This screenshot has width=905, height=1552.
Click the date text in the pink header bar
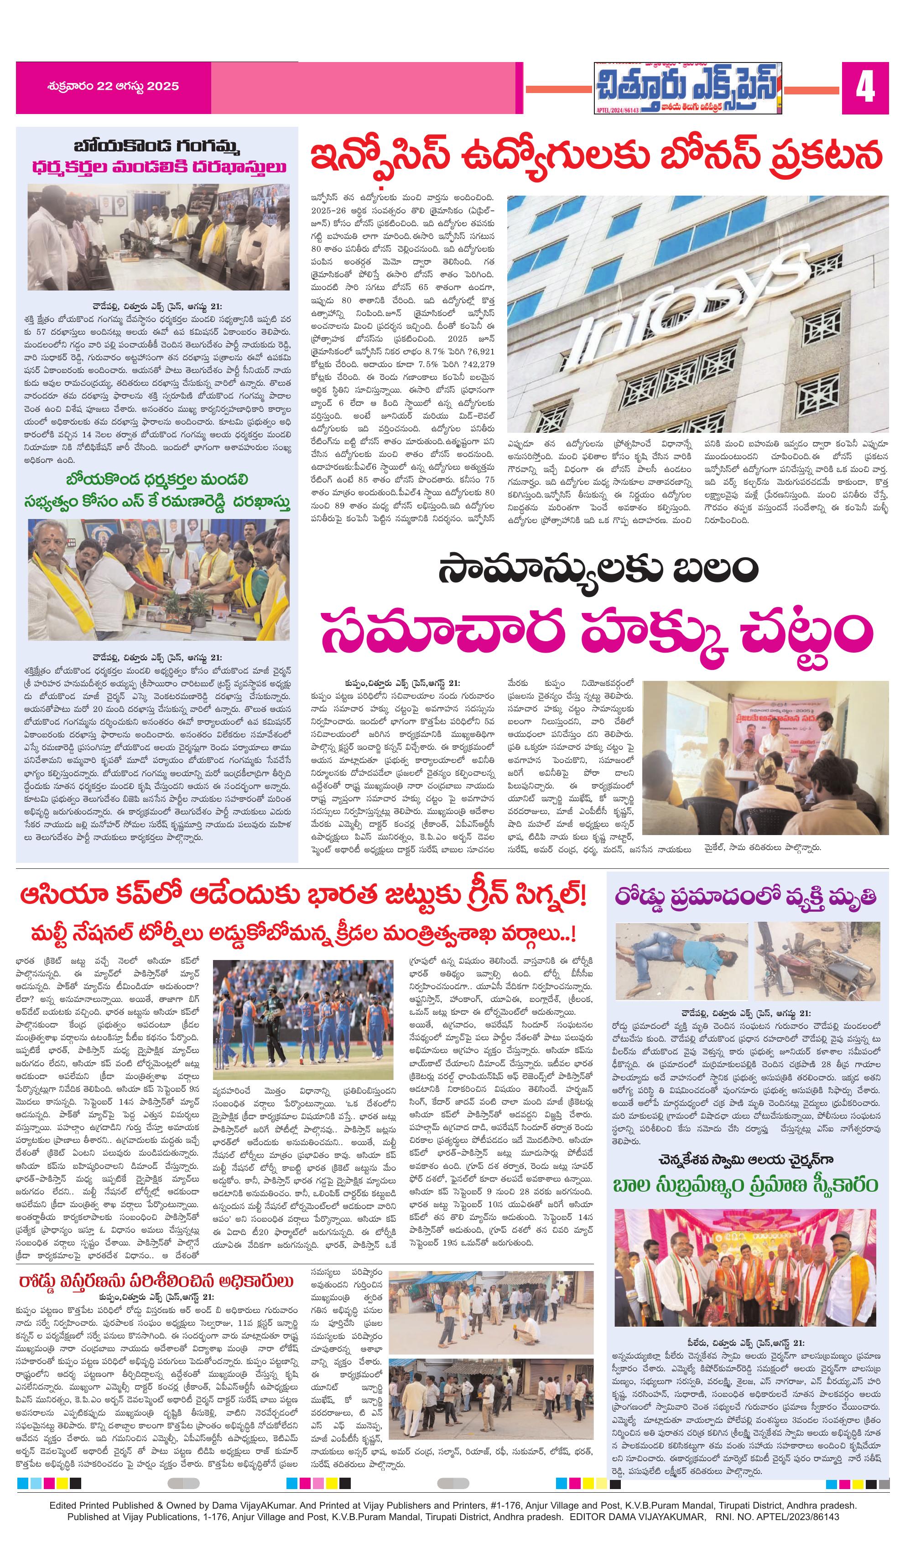113,87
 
